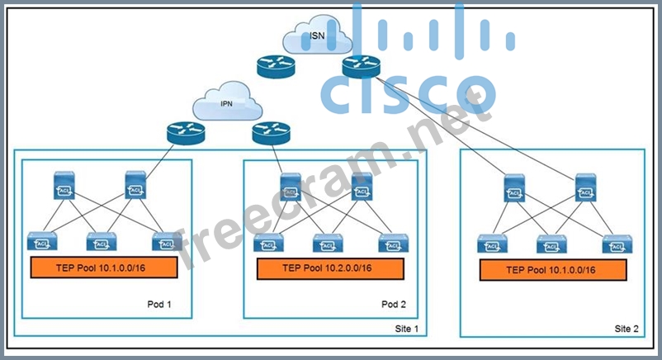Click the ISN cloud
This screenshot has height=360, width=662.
pos(315,37)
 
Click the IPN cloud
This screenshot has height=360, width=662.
pos(226,106)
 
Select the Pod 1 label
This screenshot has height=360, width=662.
pos(158,304)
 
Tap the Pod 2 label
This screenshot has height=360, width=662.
pos(394,304)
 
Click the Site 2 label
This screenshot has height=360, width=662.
pos(627,328)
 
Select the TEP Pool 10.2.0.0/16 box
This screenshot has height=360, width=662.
pos(329,268)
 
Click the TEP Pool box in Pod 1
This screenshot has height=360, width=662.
pos(104,268)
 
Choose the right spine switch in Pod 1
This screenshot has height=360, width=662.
pos(136,186)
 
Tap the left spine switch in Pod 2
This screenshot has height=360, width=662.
pos(291,189)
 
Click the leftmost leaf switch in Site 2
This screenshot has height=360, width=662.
pos(492,244)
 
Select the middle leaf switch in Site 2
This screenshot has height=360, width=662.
pos(551,244)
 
